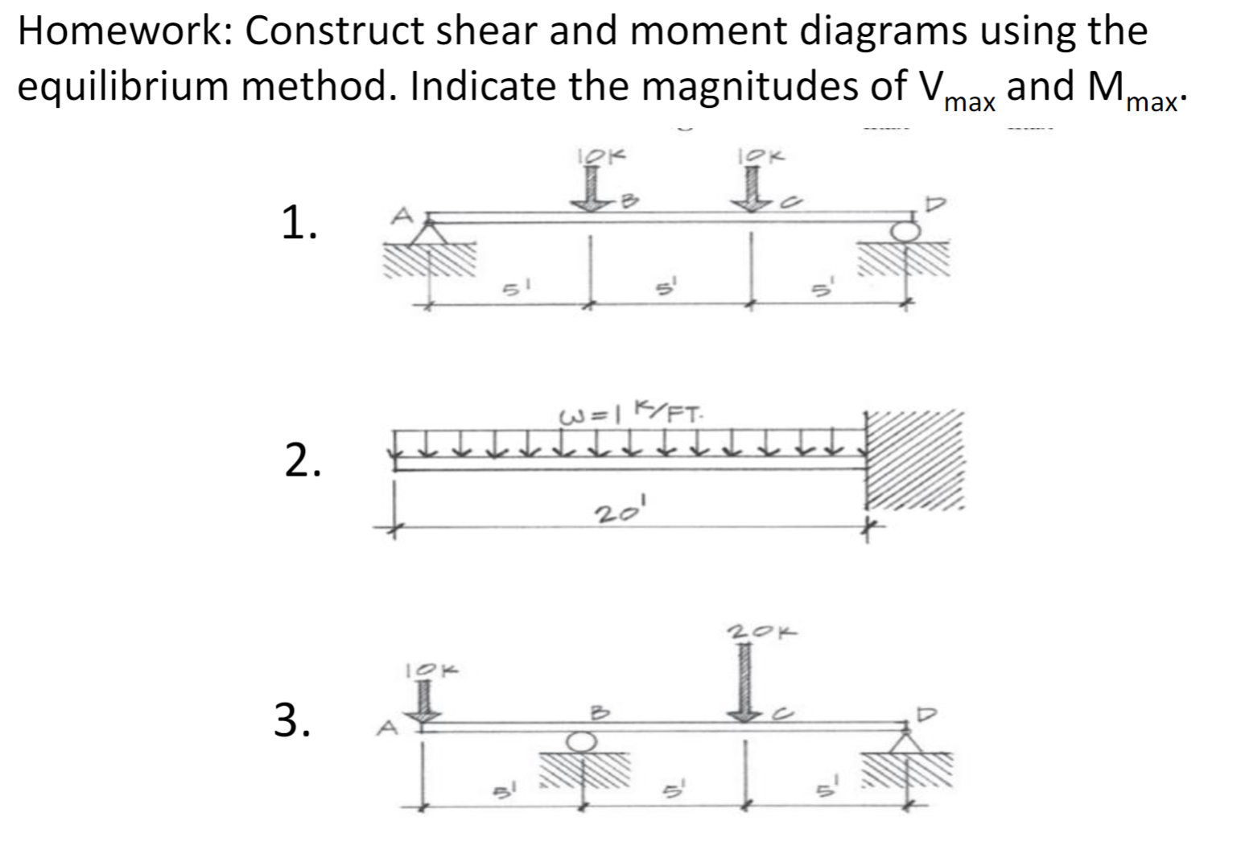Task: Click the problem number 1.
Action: click(x=299, y=223)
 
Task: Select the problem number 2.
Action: click(x=303, y=460)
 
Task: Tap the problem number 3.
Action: click(x=292, y=719)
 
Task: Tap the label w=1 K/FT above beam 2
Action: click(x=630, y=414)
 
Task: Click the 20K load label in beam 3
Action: click(x=761, y=633)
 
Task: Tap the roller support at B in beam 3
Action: click(x=583, y=740)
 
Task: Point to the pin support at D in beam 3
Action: click(x=907, y=740)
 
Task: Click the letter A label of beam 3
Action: click(x=388, y=728)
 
